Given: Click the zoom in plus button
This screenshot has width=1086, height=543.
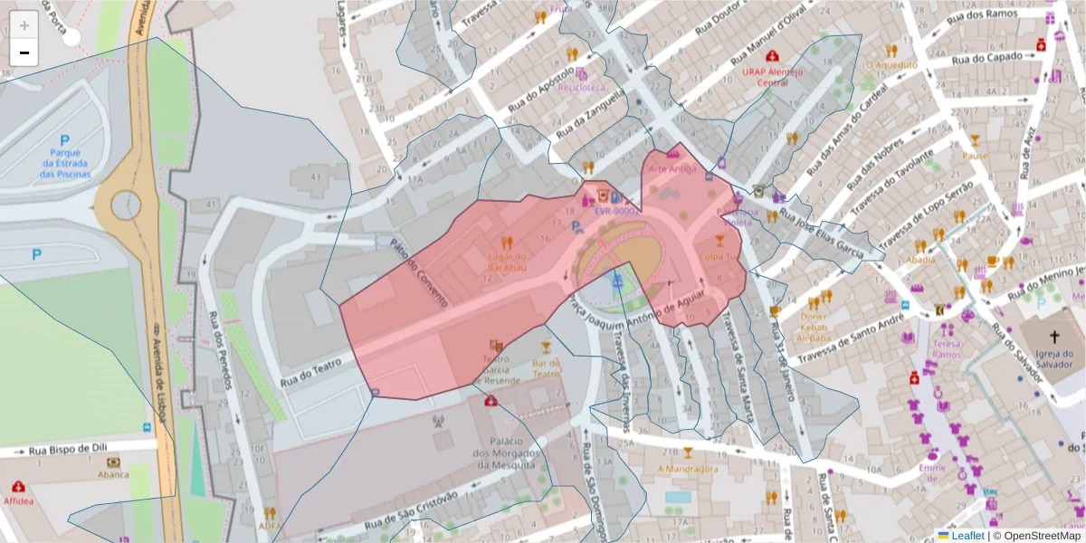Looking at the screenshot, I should (x=24, y=24).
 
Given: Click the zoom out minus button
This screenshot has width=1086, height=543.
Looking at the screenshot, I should (x=24, y=52).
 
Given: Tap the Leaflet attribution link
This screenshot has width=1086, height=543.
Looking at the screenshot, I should (x=967, y=536).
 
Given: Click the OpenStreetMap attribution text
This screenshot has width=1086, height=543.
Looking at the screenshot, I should (x=1036, y=536).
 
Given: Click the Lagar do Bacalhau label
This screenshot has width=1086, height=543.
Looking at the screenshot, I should (x=507, y=262).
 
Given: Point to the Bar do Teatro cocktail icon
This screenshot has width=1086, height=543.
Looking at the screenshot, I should (x=546, y=347).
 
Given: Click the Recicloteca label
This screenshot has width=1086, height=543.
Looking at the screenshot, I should (x=581, y=88).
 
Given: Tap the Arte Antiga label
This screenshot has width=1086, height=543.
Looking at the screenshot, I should (x=672, y=168).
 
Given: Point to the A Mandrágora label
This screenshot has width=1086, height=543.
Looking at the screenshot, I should (x=687, y=469).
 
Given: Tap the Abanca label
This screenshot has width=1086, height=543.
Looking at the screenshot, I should (x=113, y=474).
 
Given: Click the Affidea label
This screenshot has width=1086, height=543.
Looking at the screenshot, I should (x=18, y=500).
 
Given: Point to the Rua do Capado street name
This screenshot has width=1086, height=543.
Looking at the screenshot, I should (x=993, y=56).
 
